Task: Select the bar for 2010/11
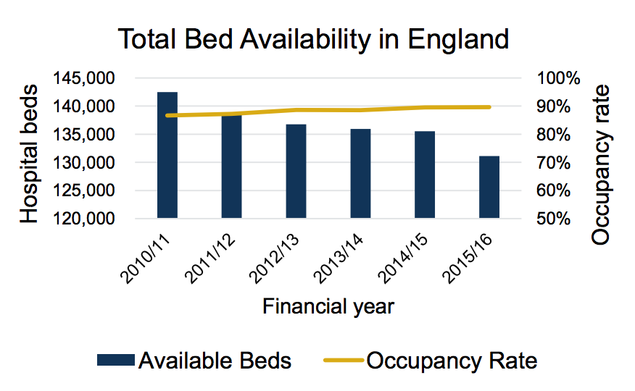point(167,155)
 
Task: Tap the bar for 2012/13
point(296,171)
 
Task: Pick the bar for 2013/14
point(360,173)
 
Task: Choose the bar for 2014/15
point(425,175)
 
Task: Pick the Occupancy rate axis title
point(601,164)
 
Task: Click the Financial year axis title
point(328,306)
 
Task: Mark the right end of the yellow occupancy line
point(490,107)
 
